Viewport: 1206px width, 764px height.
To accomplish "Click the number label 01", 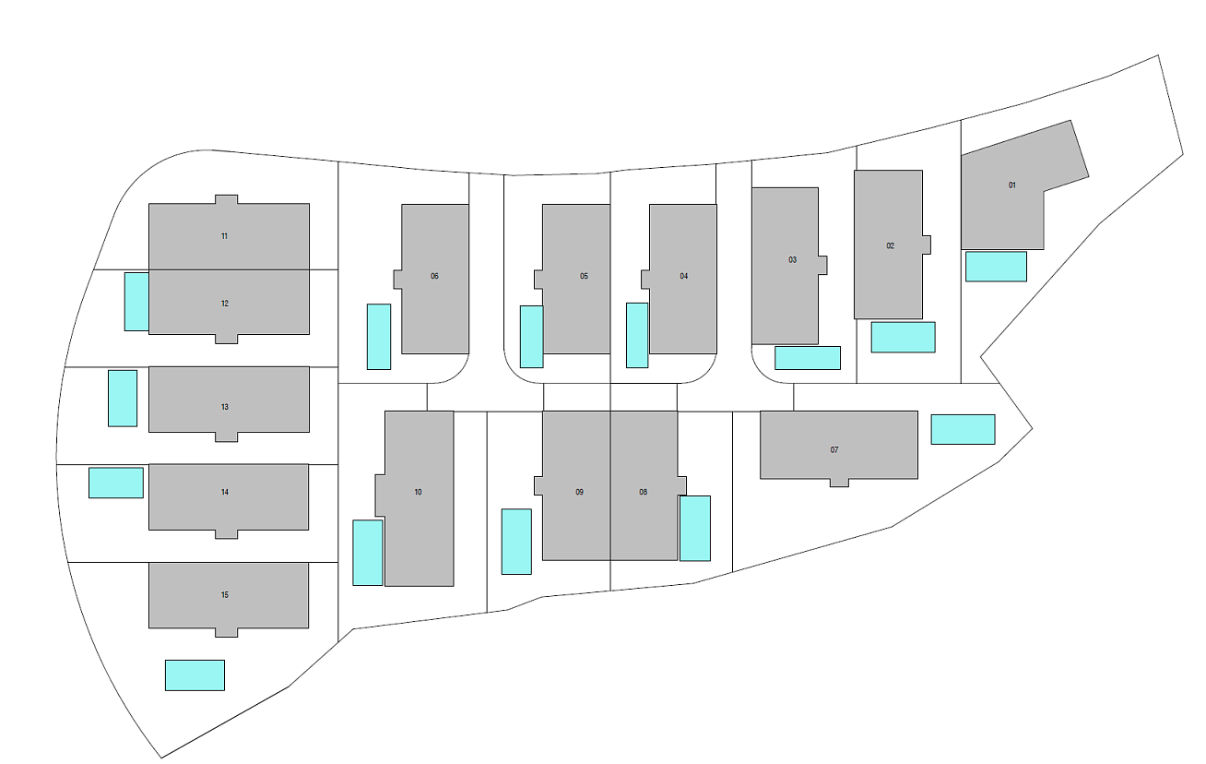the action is coord(1012,185).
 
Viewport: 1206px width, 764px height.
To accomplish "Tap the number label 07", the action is coord(834,450).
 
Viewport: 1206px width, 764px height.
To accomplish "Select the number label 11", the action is coord(224,236).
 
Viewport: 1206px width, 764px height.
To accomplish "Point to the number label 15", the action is coord(224,595).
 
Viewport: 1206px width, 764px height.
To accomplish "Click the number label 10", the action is coord(419,492).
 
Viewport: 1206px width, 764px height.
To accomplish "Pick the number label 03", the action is coord(793,259).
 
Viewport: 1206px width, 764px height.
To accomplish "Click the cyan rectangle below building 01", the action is coord(996,266).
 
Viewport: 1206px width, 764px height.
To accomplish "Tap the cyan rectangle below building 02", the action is coord(903,338).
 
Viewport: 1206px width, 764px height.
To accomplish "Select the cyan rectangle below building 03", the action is coord(808,358).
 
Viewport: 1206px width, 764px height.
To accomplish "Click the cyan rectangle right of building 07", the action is coord(963,429).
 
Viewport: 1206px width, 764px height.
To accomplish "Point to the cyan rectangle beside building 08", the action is coord(695,528).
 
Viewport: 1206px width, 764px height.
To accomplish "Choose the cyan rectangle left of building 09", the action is coord(516,542).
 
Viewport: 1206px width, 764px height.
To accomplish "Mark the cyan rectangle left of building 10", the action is coord(368,553).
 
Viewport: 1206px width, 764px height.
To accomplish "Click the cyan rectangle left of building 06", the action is coord(379,337).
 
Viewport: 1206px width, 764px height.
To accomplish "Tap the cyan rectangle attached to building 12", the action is coord(136,302).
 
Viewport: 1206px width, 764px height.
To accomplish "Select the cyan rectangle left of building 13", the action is coord(123,399).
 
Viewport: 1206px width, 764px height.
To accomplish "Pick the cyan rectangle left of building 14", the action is coord(116,483).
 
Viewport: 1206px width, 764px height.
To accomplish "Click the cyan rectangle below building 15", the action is coord(195,675).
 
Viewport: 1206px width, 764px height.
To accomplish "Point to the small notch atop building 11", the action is coord(226,199).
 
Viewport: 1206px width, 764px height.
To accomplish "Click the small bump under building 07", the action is coord(839,483).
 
